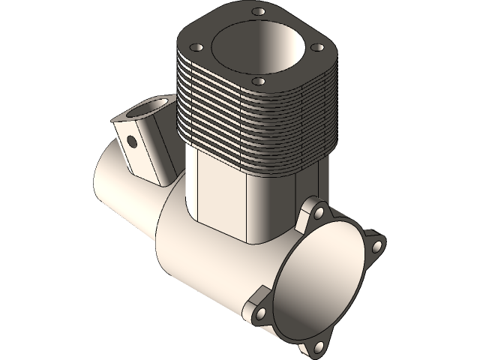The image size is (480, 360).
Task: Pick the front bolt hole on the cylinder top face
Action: click(x=259, y=80)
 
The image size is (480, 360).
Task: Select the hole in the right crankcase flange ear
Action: click(x=378, y=245)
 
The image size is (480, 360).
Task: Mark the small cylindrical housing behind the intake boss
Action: click(x=112, y=180)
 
